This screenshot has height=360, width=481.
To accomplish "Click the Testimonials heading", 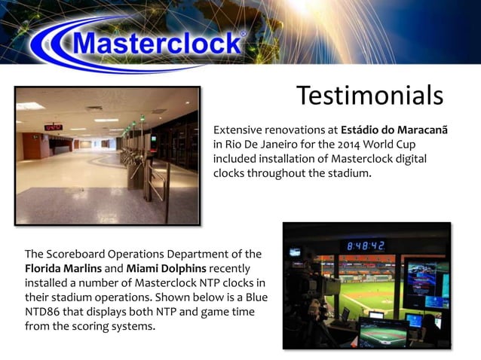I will point(369,96).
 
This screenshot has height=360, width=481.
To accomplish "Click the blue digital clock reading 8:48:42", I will point(366,246).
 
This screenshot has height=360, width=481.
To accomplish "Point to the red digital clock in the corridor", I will point(53,127).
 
